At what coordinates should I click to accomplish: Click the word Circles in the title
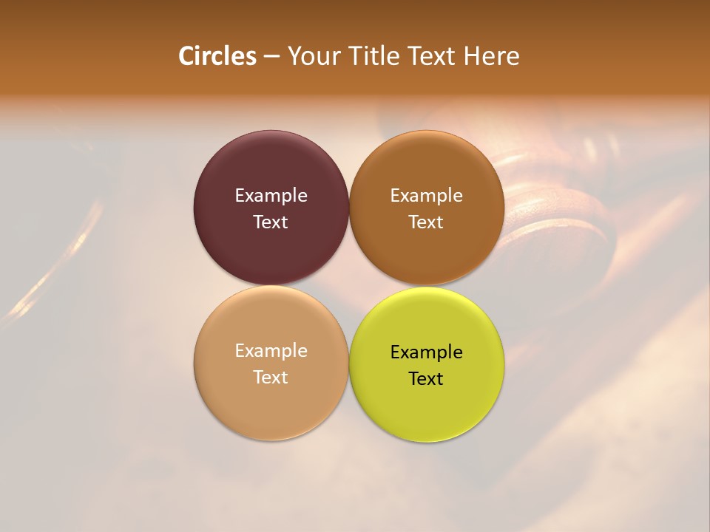[217, 56]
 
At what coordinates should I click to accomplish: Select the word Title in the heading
[374, 56]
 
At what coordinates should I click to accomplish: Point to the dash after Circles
[271, 57]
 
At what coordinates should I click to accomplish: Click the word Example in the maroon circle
[271, 196]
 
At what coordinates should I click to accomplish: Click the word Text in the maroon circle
[271, 222]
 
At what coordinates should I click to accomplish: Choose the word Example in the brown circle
[426, 196]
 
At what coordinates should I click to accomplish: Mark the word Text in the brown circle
[426, 222]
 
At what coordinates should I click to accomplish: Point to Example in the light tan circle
[271, 351]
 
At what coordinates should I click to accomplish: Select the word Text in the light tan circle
[271, 378]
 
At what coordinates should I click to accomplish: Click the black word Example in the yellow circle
[426, 352]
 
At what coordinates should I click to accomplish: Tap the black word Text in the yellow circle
[426, 379]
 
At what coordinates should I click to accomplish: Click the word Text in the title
[433, 56]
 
